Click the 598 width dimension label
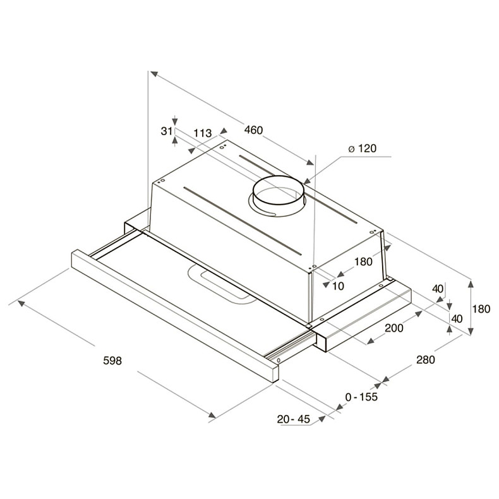(x=112, y=361)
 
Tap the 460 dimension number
(x=254, y=130)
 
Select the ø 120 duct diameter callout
(x=362, y=148)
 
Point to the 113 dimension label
(x=203, y=133)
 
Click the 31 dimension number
(x=167, y=131)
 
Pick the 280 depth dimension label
(x=426, y=359)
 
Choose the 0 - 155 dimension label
(x=361, y=397)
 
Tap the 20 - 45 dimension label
(x=293, y=419)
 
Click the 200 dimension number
(x=394, y=328)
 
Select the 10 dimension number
(x=338, y=286)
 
